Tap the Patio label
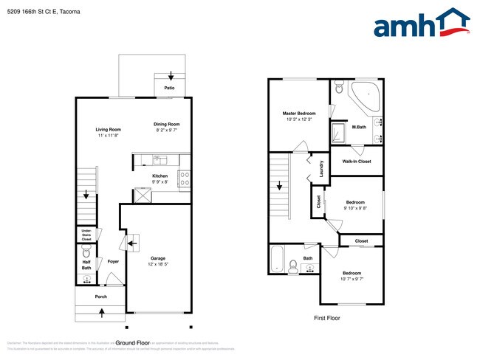pyautogui.click(x=169, y=89)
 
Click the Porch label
pyautogui.click(x=100, y=297)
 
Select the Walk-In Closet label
pyautogui.click(x=357, y=161)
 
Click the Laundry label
pyautogui.click(x=322, y=170)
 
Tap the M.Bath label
pyautogui.click(x=360, y=127)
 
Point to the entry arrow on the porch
pyautogui.click(x=101, y=313)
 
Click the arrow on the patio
pyautogui.click(x=171, y=75)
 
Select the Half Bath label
pyautogui.click(x=86, y=264)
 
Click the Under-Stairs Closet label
pyautogui.click(x=86, y=235)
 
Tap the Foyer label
pyautogui.click(x=113, y=261)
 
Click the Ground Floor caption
pyautogui.click(x=133, y=343)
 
